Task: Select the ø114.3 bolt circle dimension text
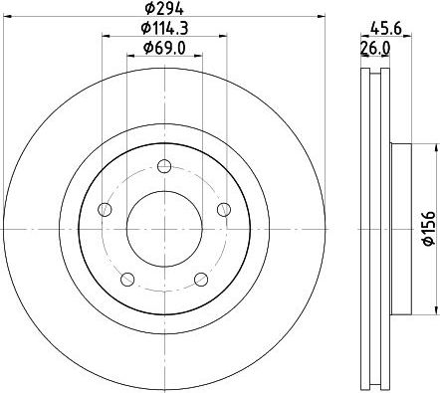pos(166,28)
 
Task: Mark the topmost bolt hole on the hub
pos(165,166)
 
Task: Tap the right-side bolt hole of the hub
pos(224,208)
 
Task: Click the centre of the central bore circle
pos(165,228)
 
